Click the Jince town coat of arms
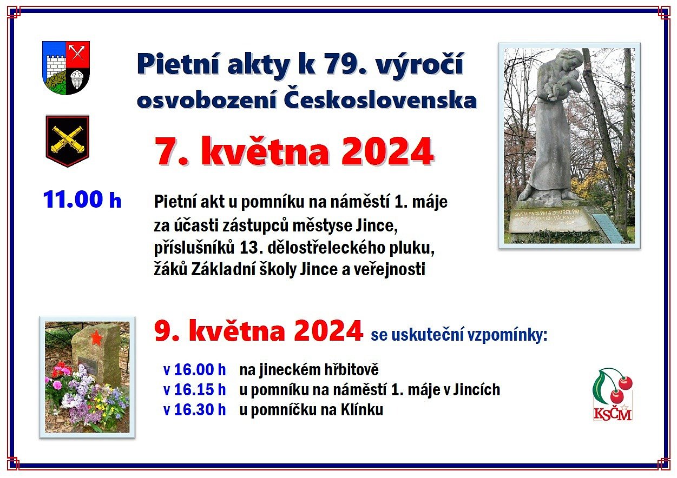pos(66,68)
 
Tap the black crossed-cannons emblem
pos(68,141)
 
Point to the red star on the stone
pos(96,337)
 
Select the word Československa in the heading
pos(380,101)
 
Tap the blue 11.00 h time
pos(82,200)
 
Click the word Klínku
pos(362,410)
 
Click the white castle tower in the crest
pos(56,66)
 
